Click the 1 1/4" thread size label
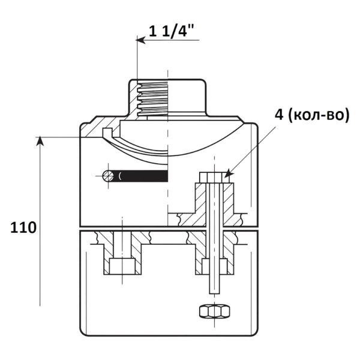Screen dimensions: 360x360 click(172, 31)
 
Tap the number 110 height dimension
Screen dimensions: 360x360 click(23, 228)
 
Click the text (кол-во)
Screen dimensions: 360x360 click(318, 115)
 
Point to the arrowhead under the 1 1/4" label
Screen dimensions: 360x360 click(140, 40)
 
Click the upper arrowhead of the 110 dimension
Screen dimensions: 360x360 click(40, 141)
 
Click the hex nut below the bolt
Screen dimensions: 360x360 click(214, 311)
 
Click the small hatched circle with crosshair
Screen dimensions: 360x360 click(108, 176)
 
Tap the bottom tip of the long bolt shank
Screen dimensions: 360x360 click(214, 293)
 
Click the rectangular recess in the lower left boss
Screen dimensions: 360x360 click(122, 266)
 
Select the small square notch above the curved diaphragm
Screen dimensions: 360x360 click(107, 132)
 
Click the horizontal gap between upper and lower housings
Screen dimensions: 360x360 click(169, 229)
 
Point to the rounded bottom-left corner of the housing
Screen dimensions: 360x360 click(82, 333)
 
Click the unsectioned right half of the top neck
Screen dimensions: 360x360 click(187, 97)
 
